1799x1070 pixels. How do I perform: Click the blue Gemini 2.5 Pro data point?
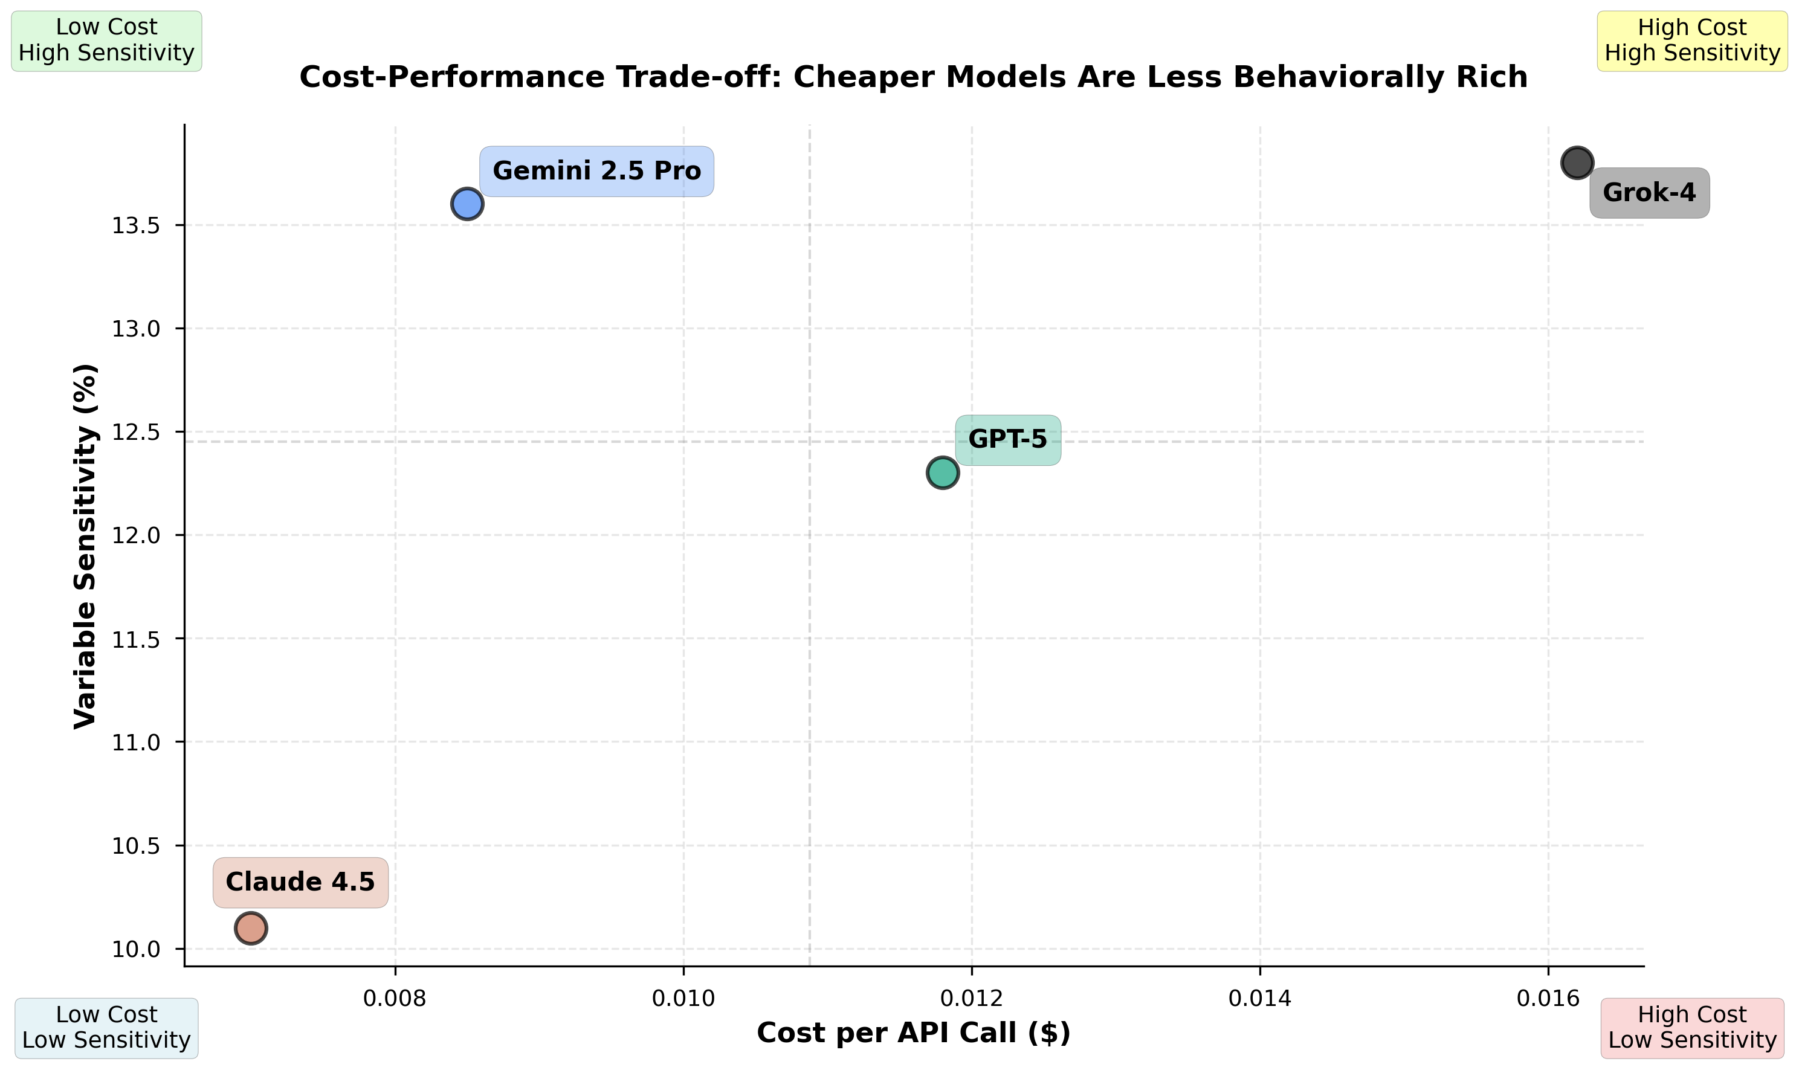coord(467,204)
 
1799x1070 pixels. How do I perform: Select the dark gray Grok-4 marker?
coord(1577,163)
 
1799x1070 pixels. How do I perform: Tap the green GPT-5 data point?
coord(942,473)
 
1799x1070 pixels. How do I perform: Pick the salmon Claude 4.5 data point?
coord(251,928)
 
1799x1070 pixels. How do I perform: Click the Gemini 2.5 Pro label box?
coord(596,172)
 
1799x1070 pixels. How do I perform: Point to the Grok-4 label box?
coord(1649,193)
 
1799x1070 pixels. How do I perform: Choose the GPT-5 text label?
coord(1007,440)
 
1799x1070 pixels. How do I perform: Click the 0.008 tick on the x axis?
coord(395,999)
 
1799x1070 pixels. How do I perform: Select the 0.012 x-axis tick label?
coord(971,999)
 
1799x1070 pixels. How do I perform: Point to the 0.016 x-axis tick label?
coord(1548,999)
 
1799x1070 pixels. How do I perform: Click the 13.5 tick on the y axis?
coord(135,227)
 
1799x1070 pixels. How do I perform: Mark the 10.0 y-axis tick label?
coord(135,950)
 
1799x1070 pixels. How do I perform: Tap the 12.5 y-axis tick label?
coord(135,433)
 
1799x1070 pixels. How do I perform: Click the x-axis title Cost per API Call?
coord(914,1033)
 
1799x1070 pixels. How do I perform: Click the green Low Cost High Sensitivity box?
coord(107,40)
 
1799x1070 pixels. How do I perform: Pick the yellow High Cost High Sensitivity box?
coord(1692,40)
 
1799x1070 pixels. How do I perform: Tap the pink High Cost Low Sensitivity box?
coord(1692,1028)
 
